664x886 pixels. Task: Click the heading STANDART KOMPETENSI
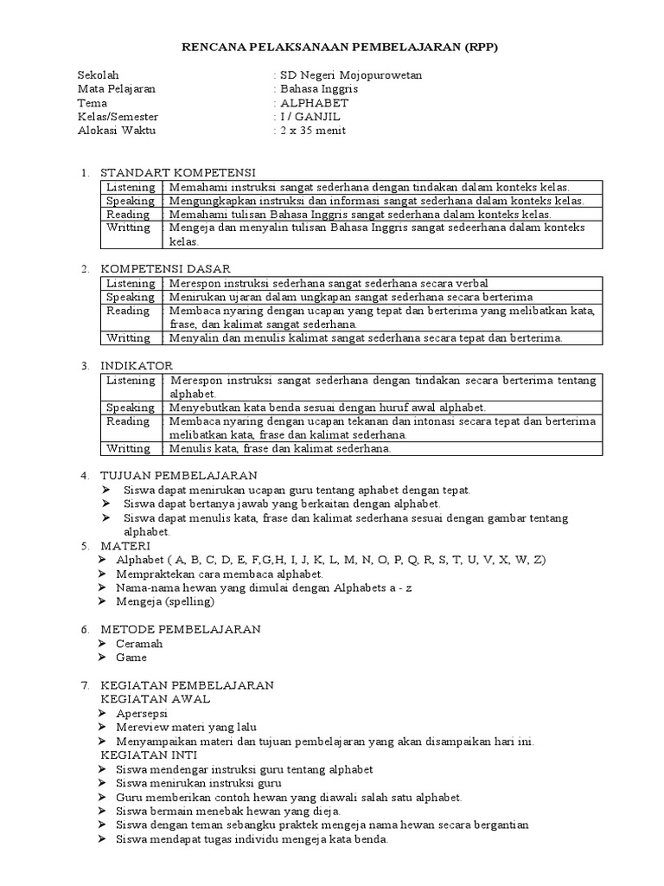(177, 172)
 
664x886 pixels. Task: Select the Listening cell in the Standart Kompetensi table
(131, 187)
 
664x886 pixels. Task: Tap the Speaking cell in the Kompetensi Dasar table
(131, 297)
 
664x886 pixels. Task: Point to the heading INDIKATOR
(137, 366)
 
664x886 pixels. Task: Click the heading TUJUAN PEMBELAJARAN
(178, 476)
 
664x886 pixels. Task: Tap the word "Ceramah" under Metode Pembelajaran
(139, 644)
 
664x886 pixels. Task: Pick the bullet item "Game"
(132, 658)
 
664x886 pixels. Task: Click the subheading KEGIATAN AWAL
(156, 699)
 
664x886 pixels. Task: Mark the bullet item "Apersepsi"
(143, 713)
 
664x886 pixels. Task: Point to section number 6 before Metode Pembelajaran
(86, 629)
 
